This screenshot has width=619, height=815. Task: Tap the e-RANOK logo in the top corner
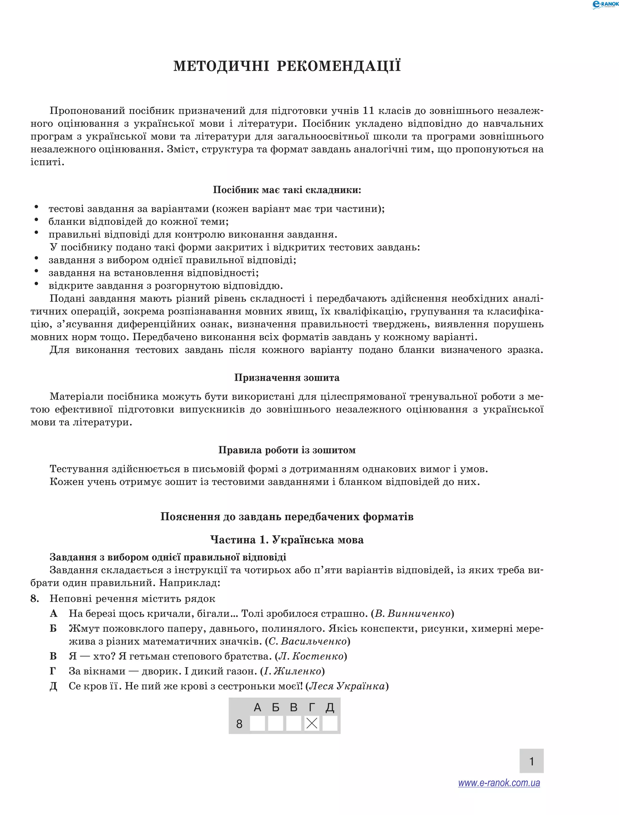coord(604,5)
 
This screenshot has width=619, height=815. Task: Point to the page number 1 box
coord(531,761)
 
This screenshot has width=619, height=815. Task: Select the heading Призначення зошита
coord(287,378)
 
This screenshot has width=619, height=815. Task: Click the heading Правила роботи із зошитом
coord(287,450)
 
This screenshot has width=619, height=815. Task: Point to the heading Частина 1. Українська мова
coord(287,540)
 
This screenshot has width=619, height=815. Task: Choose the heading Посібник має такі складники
coord(287,190)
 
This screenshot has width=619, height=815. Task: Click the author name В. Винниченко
coord(413,613)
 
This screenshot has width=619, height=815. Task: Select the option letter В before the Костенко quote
coord(53,656)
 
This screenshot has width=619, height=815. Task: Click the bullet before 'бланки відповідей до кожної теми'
coord(37,220)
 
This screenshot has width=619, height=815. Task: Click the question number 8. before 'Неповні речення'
coord(35,598)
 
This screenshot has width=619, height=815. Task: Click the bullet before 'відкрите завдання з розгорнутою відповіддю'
coord(37,284)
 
